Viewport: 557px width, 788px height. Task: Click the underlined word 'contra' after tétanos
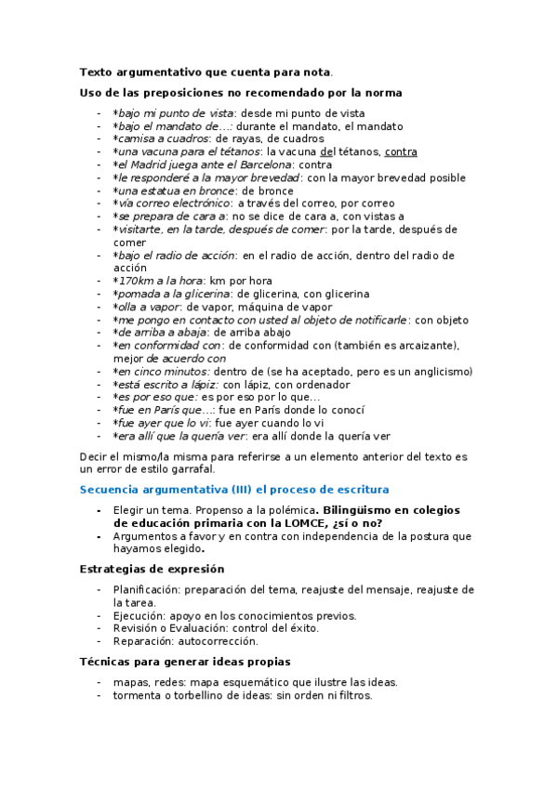[401, 151]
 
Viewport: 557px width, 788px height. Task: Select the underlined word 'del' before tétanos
[326, 151]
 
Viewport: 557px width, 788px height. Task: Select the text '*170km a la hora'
[158, 281]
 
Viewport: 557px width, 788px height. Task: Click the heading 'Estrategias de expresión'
[152, 569]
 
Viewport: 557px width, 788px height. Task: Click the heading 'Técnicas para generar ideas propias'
[186, 662]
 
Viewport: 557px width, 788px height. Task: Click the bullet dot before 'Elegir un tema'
[99, 510]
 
